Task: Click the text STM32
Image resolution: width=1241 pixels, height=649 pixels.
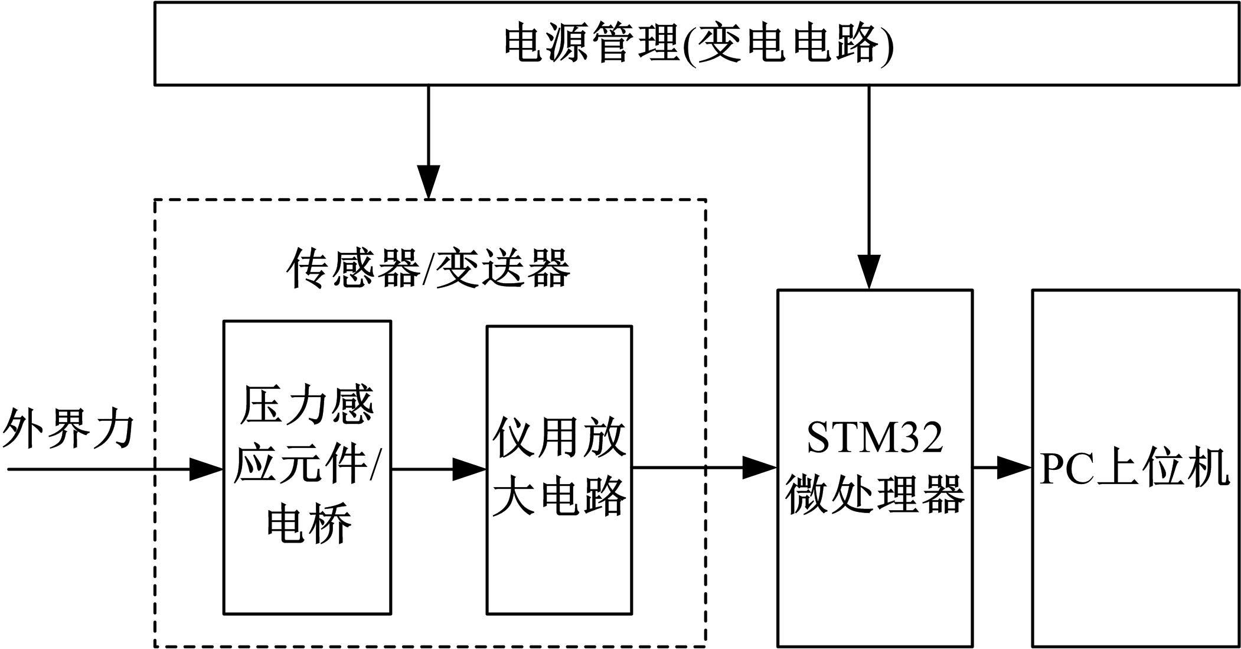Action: pos(874,438)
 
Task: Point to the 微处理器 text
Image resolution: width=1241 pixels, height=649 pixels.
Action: pos(874,494)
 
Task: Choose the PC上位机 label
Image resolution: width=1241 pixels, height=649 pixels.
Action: pos(1134,469)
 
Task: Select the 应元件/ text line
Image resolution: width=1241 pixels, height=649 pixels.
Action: pos(308,466)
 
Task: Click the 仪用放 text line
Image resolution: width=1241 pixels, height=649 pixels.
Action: pos(559,438)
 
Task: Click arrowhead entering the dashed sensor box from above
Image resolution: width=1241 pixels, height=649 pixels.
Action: pos(429,183)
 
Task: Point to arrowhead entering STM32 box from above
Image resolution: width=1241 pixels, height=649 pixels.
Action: pos(869,272)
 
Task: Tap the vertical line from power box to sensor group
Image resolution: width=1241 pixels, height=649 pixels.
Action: pos(429,124)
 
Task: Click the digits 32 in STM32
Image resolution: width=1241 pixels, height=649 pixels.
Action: pos(921,438)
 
